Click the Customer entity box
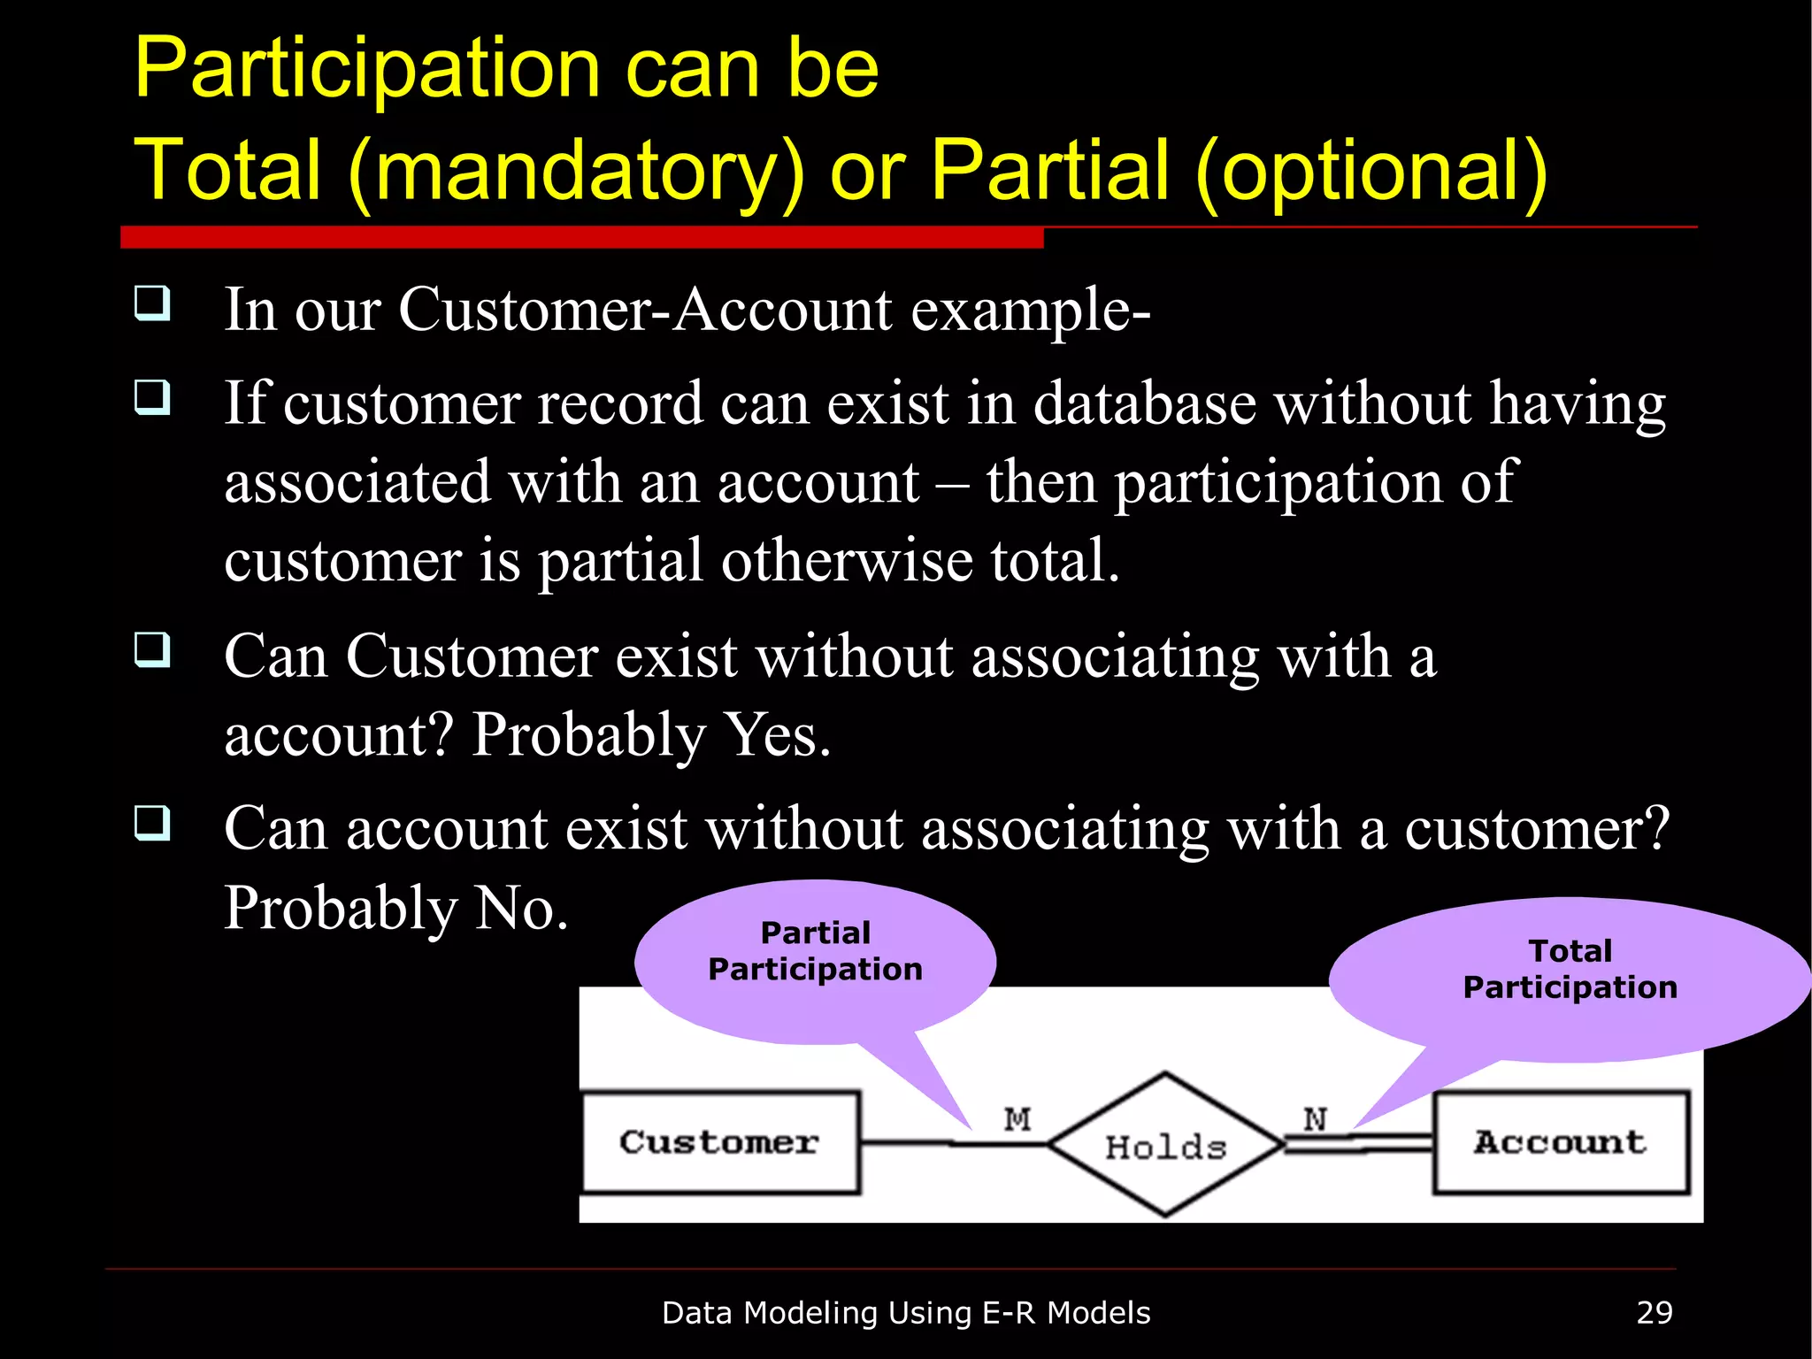point(720,1142)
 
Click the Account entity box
point(1561,1142)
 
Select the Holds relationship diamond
point(1165,1146)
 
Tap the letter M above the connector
point(1017,1119)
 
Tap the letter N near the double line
point(1315,1119)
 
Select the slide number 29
point(1654,1312)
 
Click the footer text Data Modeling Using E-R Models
point(905,1312)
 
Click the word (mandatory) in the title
point(577,171)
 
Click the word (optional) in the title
point(1371,171)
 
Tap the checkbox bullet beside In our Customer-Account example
point(152,303)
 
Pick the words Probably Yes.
point(651,734)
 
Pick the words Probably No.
point(395,908)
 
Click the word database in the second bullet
point(1144,403)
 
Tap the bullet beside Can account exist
point(152,823)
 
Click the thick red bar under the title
point(581,237)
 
